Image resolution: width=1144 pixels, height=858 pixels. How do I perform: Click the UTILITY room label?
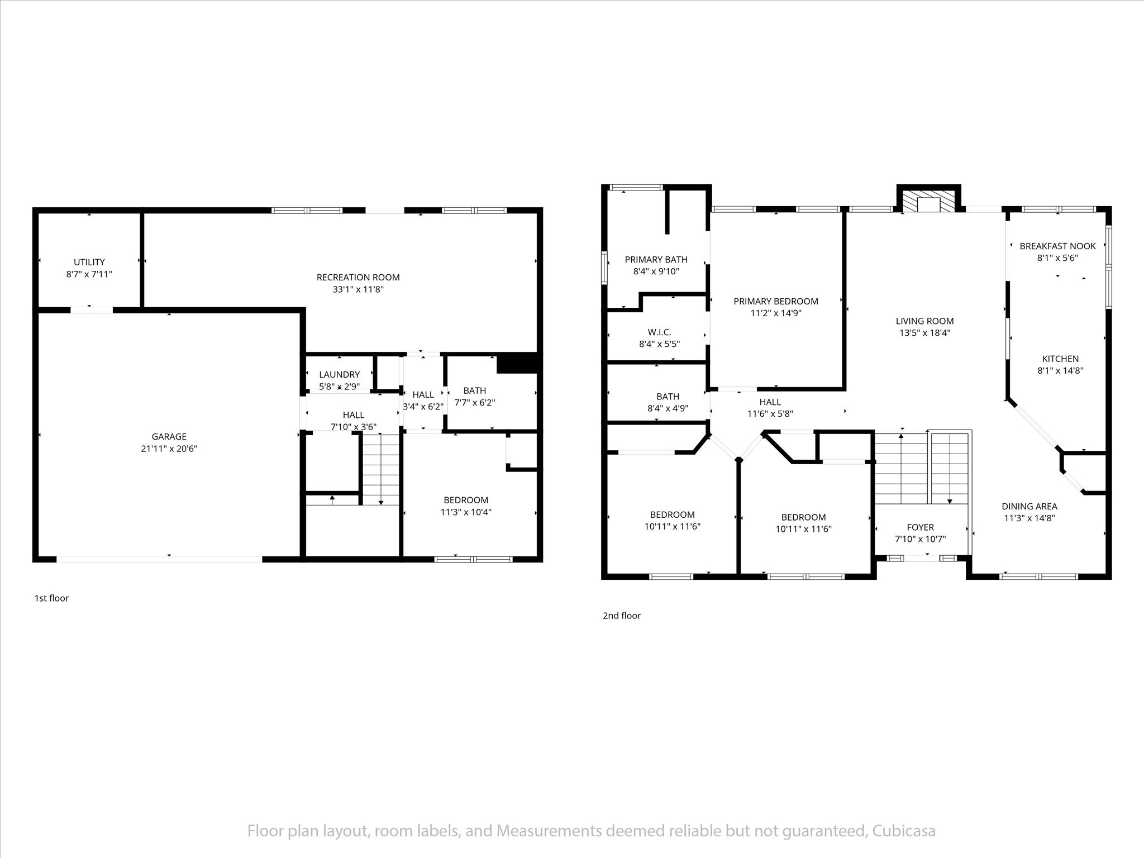pos(89,262)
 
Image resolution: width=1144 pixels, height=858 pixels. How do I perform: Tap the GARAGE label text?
pos(169,437)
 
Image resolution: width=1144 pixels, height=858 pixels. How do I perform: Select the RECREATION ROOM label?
pos(358,277)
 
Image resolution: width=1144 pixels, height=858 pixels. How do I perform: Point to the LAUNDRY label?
pos(340,374)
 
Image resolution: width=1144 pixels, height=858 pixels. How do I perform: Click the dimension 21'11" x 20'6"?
pos(169,449)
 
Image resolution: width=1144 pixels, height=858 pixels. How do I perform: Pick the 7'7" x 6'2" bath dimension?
pos(474,402)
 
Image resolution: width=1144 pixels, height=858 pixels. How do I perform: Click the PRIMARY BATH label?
pos(656,260)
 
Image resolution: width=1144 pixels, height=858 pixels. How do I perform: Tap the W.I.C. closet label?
pos(660,332)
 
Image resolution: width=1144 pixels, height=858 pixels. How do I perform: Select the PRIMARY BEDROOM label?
pos(776,302)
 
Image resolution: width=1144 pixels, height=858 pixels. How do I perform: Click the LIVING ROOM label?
pos(925,321)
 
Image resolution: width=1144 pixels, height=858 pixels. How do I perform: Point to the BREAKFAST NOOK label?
pos(1058,246)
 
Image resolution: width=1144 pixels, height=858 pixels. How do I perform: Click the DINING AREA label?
pos(1029,507)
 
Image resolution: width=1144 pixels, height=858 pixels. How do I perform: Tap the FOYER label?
pos(921,527)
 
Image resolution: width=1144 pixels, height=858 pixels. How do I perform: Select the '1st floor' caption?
pos(51,598)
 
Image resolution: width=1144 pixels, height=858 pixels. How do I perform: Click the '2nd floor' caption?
pos(622,616)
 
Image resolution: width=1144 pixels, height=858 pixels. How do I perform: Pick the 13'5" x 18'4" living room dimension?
pos(925,333)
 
